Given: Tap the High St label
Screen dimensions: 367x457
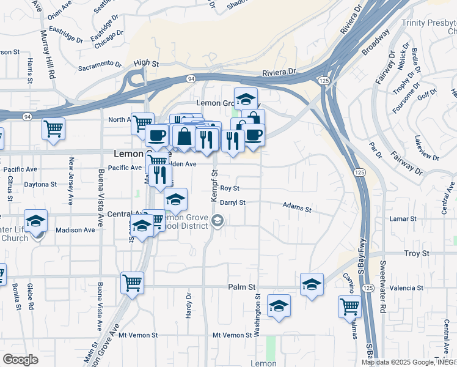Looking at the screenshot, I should (x=146, y=62).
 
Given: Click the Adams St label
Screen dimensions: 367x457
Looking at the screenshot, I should (x=297, y=209).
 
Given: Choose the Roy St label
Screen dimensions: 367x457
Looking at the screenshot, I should (x=229, y=188).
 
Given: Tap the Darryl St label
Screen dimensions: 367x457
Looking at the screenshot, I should (x=232, y=202).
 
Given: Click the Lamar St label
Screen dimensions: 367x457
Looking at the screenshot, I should (x=420, y=218).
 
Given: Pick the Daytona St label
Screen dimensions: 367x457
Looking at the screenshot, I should (x=40, y=183).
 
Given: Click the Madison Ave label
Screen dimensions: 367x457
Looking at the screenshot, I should (x=75, y=230).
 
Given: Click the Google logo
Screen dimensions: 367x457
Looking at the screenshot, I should (x=20, y=360).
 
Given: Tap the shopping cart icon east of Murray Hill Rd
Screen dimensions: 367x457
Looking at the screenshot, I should (x=54, y=128).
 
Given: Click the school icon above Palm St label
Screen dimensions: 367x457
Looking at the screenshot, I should (x=312, y=284).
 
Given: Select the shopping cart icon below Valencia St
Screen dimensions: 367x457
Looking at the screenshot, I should (x=349, y=306).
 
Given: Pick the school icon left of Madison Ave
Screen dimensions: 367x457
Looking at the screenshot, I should (x=36, y=220).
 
